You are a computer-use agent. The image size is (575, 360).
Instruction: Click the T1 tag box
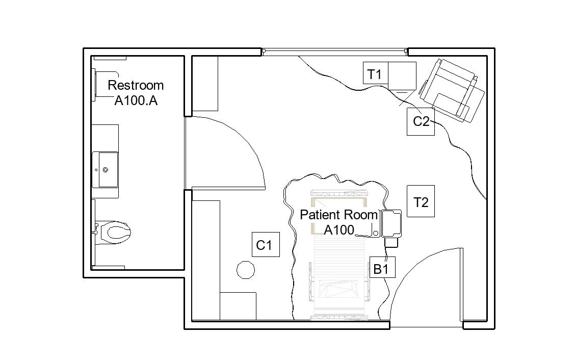point(375,74)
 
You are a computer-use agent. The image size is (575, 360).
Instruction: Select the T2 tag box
point(421,202)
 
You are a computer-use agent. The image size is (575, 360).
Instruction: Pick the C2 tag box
point(421,121)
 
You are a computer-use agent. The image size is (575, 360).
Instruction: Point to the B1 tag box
point(381,269)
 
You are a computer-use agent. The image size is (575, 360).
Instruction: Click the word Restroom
point(136,85)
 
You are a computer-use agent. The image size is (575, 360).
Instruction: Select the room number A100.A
point(136,100)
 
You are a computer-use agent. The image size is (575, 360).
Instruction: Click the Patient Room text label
point(338,215)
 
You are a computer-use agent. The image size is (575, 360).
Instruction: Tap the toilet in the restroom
point(115,233)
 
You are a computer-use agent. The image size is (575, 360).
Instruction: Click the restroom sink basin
point(108,169)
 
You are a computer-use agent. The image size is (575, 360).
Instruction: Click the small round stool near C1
point(246,270)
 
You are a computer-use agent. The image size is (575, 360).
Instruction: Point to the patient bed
point(339,265)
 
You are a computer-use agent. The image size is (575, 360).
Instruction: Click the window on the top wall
point(334,51)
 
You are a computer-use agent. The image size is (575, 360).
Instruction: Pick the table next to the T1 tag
point(402,75)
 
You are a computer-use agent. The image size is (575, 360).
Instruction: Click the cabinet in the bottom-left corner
point(238,305)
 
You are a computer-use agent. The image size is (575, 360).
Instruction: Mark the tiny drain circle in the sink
point(106,169)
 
